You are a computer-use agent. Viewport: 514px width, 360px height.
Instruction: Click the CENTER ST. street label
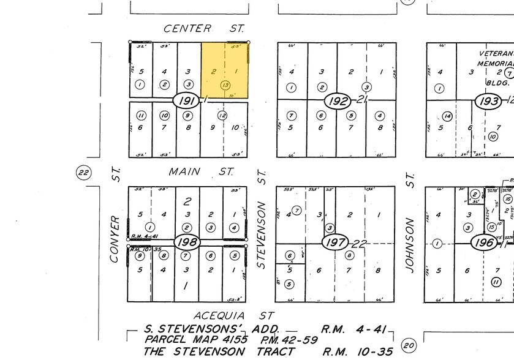[x=205, y=28]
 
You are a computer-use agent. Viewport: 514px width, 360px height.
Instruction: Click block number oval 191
[x=186, y=100]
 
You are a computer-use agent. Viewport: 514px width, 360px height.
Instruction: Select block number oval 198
[x=186, y=242]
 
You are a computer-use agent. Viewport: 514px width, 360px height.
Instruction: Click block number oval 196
[x=484, y=242]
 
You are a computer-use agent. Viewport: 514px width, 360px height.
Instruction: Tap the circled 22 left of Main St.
[x=83, y=173]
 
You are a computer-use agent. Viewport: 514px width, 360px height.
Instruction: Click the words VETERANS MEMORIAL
[x=495, y=58]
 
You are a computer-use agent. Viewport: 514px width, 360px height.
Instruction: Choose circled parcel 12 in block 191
[x=222, y=114]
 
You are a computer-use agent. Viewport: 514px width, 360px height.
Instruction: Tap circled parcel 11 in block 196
[x=496, y=282]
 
